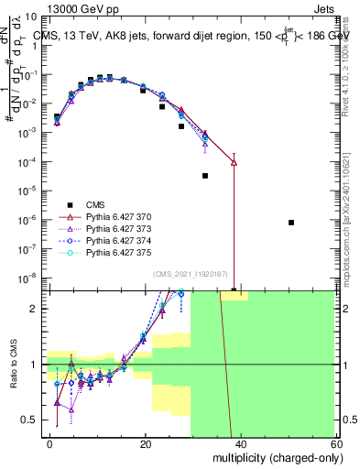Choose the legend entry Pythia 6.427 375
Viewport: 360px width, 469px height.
coord(102,251)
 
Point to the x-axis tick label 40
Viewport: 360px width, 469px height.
coord(239,443)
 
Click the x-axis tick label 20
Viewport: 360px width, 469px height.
coord(145,443)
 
